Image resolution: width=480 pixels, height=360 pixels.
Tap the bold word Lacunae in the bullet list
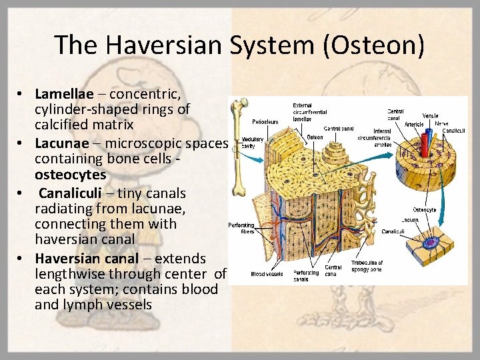(60, 143)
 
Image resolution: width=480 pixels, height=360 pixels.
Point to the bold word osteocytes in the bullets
(70, 175)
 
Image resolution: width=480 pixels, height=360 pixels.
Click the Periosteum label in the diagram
(265, 122)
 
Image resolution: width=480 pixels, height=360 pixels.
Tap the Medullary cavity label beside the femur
(252, 142)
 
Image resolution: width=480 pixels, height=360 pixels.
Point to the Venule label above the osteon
(431, 116)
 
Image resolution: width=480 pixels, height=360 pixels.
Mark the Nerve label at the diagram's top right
(442, 123)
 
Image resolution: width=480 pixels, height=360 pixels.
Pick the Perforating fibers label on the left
(241, 228)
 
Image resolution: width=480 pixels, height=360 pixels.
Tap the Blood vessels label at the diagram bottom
(267, 273)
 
